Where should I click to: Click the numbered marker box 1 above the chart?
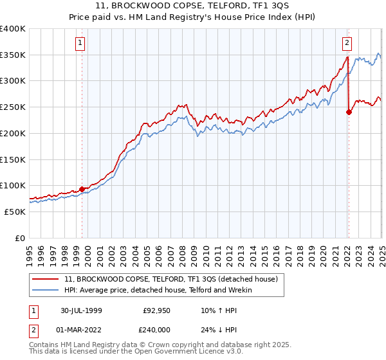coord(81,44)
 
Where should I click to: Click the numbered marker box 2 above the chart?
coord(347,44)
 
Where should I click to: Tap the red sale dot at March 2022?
coord(349,112)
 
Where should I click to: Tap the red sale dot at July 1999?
coord(82,189)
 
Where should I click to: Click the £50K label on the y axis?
coord(15,211)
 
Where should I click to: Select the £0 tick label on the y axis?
coord(21,237)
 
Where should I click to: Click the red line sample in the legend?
coord(46,279)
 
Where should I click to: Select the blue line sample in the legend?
coord(46,290)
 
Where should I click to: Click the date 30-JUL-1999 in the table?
coord(81,310)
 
